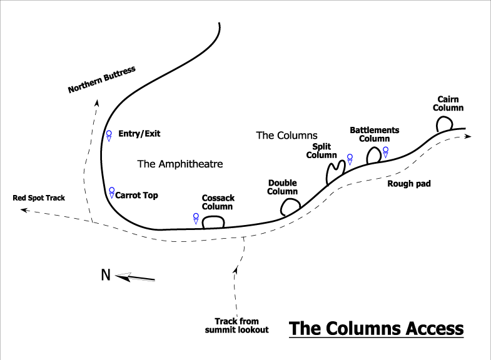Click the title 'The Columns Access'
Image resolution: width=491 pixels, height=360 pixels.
376,328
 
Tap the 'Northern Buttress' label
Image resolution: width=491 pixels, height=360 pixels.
102,80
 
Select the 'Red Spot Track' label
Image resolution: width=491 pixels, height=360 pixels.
39,198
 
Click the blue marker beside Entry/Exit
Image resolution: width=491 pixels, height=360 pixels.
109,135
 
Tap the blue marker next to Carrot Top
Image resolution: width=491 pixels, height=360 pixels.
111,192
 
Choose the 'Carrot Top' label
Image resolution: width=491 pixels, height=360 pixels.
137,196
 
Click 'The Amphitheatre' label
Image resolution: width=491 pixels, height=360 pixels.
180,164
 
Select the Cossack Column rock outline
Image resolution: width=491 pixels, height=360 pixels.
213,221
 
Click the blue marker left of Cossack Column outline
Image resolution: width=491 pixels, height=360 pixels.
196,218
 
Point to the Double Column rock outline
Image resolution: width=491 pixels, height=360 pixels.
290,206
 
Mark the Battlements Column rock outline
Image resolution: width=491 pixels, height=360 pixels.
373,154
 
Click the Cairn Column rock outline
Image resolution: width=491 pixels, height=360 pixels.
444,124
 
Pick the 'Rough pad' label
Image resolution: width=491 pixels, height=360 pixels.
409,184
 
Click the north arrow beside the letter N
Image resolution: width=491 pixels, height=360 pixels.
135,277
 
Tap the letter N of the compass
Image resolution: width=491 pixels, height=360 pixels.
106,275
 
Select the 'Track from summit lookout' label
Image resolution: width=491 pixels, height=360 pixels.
237,326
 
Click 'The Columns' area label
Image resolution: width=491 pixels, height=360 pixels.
287,135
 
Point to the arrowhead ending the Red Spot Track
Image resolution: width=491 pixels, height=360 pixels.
23,211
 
